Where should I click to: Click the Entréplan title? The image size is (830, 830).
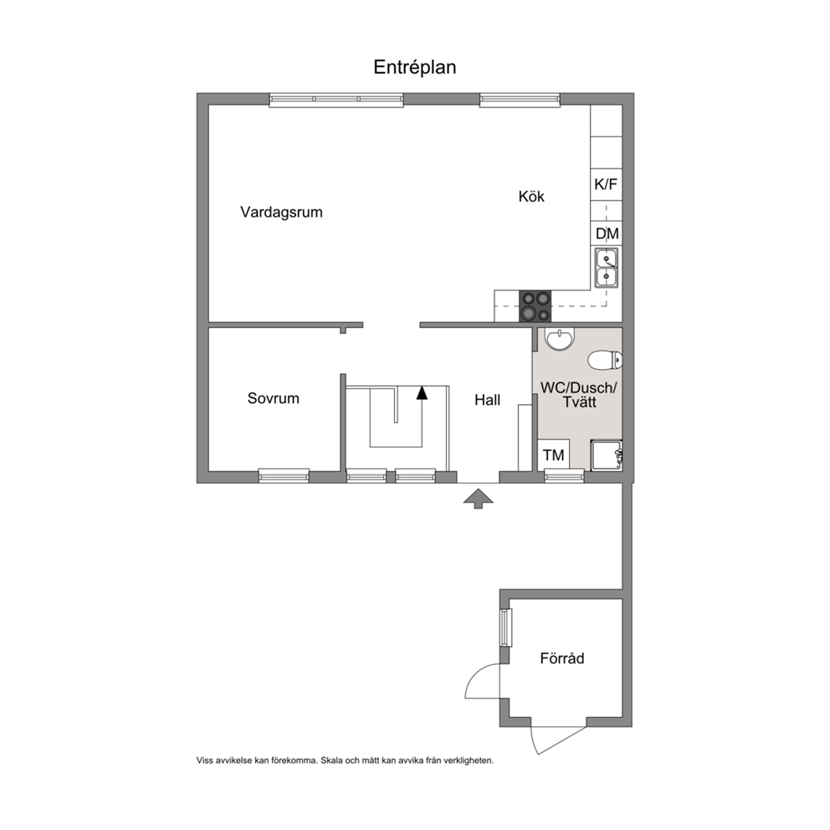pyautogui.click(x=414, y=67)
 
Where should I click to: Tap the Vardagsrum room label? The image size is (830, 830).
pyautogui.click(x=281, y=213)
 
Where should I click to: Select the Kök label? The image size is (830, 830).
pyautogui.click(x=531, y=197)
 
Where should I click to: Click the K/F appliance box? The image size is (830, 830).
pyautogui.click(x=606, y=184)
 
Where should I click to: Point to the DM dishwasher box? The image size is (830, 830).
pyautogui.click(x=607, y=233)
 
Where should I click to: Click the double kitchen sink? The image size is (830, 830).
pyautogui.click(x=606, y=267)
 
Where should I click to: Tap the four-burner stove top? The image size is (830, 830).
pyautogui.click(x=535, y=306)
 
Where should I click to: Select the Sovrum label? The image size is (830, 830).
pyautogui.click(x=273, y=398)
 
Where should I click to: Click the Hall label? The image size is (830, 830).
pyautogui.click(x=488, y=400)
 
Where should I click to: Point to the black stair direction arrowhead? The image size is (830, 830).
pyautogui.click(x=422, y=392)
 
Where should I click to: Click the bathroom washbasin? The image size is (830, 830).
pyautogui.click(x=559, y=340)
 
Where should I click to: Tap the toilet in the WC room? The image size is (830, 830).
pyautogui.click(x=605, y=360)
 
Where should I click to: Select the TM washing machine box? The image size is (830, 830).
pyautogui.click(x=554, y=454)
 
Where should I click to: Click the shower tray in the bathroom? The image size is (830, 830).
pyautogui.click(x=607, y=454)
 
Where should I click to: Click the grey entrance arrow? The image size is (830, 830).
pyautogui.click(x=478, y=499)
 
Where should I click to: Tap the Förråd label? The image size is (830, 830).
pyautogui.click(x=562, y=658)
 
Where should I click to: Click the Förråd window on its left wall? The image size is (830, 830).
pyautogui.click(x=505, y=628)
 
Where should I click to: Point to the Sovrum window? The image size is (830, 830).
pyautogui.click(x=284, y=476)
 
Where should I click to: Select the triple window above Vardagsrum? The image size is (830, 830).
pyautogui.click(x=336, y=100)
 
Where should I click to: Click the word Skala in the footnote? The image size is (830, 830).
pyautogui.click(x=330, y=761)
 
